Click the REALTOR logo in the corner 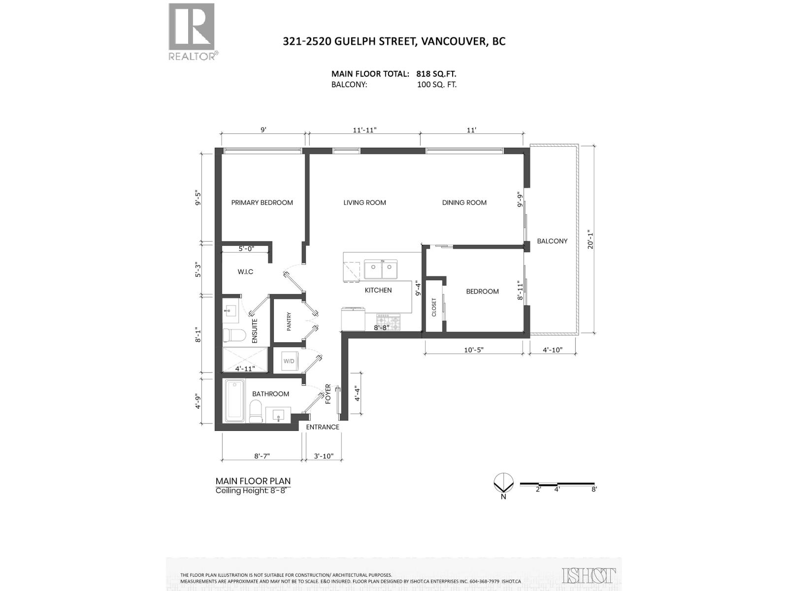pos(192,31)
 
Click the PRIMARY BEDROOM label pos(262,202)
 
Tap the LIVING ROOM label pos(364,202)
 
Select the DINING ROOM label pos(464,202)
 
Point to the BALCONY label pos(552,241)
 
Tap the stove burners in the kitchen pos(390,323)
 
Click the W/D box pos(289,361)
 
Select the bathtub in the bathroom pos(235,401)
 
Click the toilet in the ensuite pos(234,335)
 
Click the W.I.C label pos(245,271)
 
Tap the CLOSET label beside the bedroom pos(434,307)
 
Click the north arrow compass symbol pos(503,483)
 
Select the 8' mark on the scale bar pos(594,489)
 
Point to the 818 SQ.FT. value pos(436,74)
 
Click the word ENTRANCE pos(323,427)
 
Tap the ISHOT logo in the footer pos(589,575)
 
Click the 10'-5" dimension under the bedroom pos(474,350)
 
